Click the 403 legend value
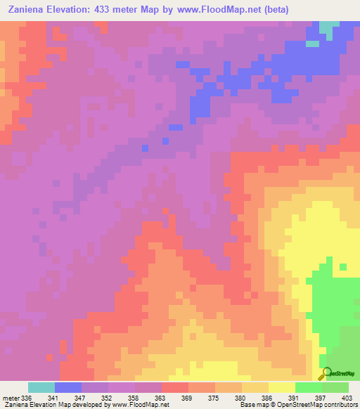[344, 398]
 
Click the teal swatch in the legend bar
[41, 387]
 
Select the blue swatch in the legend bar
[68, 387]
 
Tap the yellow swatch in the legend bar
[282, 387]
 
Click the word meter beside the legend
[10, 398]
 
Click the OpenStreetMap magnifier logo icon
[327, 375]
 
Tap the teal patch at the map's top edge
[328, 28]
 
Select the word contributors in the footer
[338, 405]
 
